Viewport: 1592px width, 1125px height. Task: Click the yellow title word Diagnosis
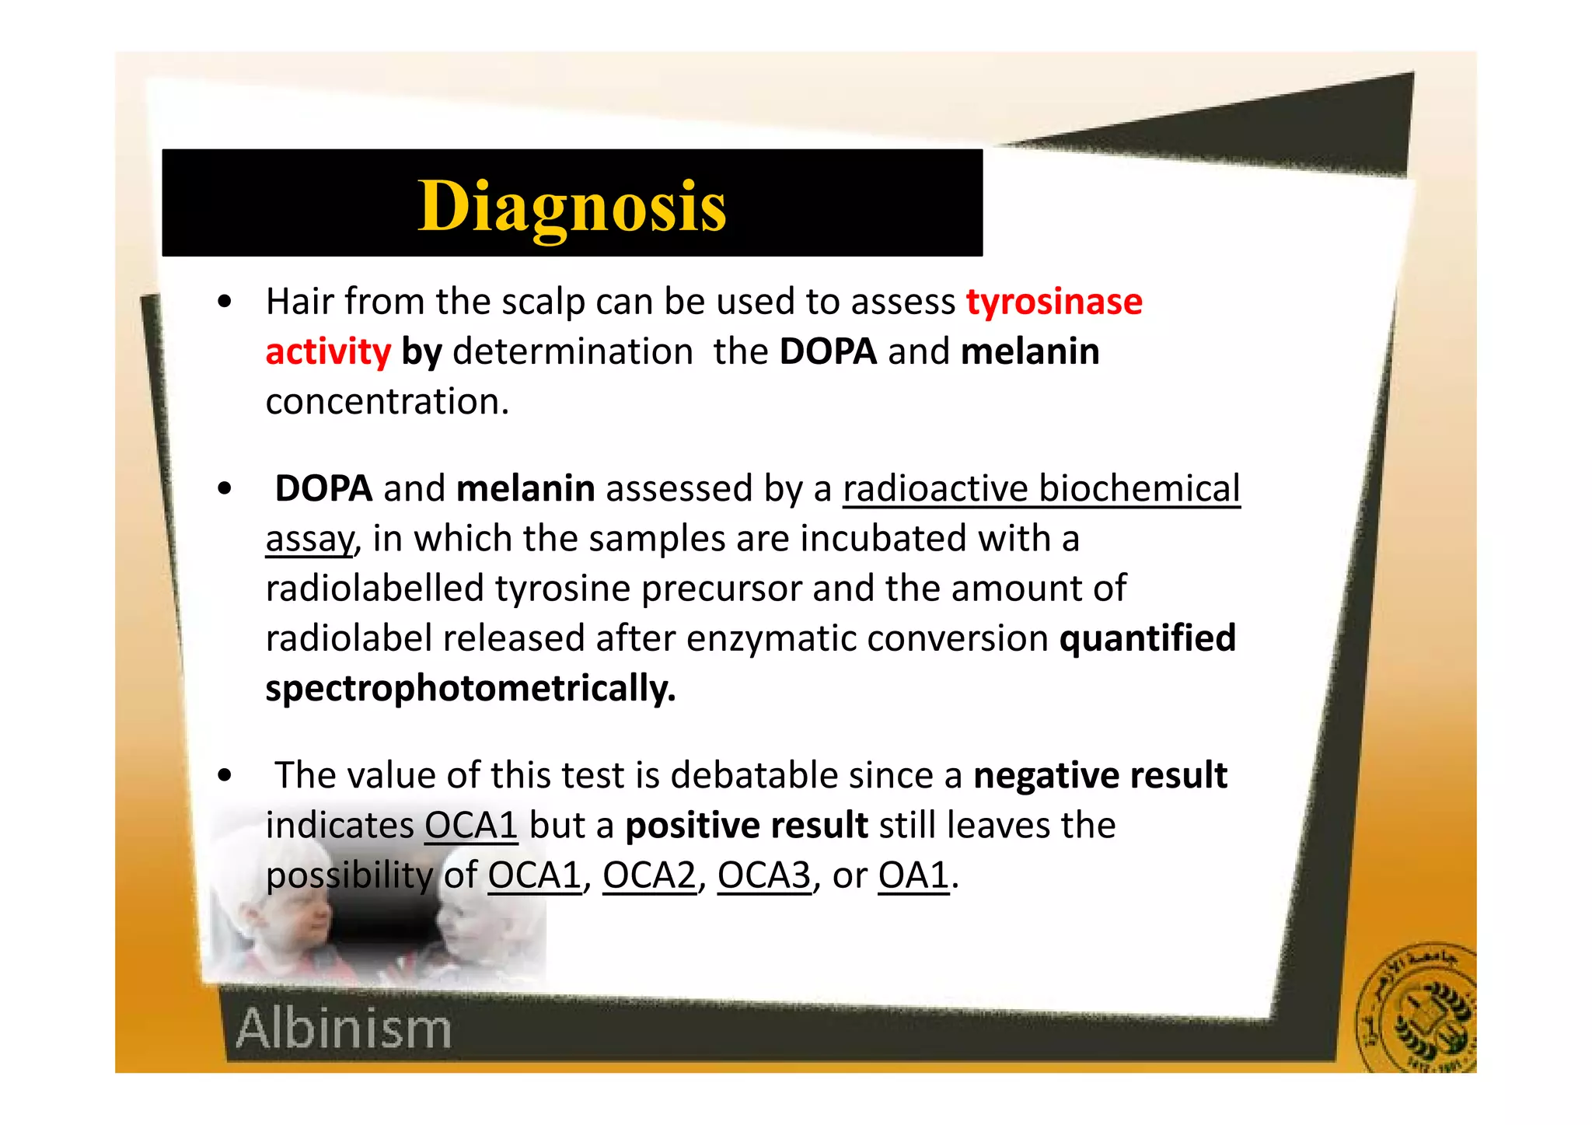pyautogui.click(x=572, y=206)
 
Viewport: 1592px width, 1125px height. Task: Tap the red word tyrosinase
pyautogui.click(x=1054, y=302)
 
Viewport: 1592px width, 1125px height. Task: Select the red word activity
pyautogui.click(x=328, y=352)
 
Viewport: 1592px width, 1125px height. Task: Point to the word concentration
pyautogui.click(x=387, y=402)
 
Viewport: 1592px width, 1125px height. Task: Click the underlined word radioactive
pyautogui.click(x=935, y=489)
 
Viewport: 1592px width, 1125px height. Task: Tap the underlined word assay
pyautogui.click(x=309, y=539)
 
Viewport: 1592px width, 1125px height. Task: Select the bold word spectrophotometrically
pyautogui.click(x=470, y=689)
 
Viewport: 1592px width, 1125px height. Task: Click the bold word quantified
pyautogui.click(x=1147, y=638)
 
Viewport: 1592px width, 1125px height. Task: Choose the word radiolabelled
pyautogui.click(x=375, y=589)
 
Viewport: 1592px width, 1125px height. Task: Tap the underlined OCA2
pyautogui.click(x=649, y=875)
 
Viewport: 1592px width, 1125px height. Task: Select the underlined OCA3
pyautogui.click(x=763, y=875)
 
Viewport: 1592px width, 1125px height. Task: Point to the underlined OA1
pyautogui.click(x=913, y=875)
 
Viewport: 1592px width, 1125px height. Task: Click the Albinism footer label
pyautogui.click(x=344, y=1029)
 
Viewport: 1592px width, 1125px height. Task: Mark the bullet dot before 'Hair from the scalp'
pyautogui.click(x=225, y=302)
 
